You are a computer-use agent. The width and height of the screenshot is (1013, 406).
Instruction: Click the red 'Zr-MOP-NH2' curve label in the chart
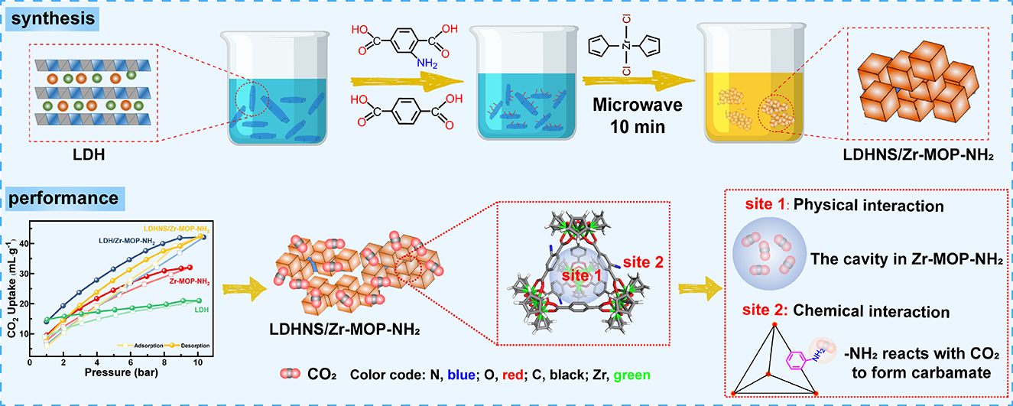[x=190, y=281]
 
